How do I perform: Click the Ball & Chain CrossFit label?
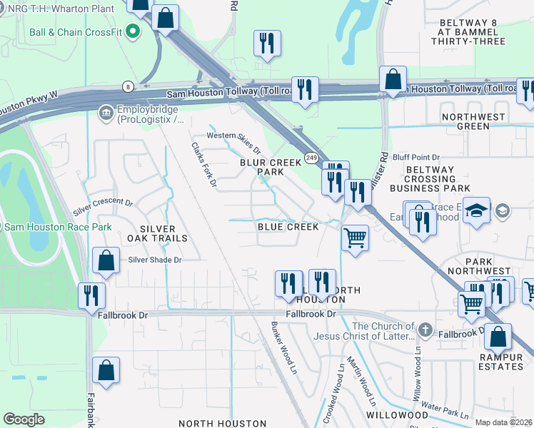75,33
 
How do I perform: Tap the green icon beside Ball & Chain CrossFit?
131,31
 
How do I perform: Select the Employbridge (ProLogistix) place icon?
106,113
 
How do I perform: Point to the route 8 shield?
126,86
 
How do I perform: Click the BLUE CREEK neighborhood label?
288,226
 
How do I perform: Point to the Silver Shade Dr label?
155,260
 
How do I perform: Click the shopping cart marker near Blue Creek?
355,238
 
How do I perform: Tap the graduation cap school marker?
476,210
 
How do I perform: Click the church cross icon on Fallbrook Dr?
425,330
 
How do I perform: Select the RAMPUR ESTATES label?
501,362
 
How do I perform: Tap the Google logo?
24,419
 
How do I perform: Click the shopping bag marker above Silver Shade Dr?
106,263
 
